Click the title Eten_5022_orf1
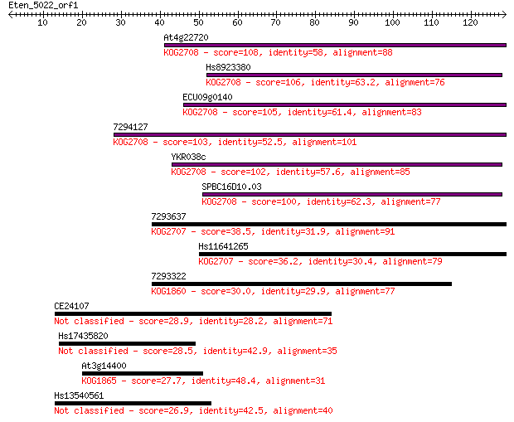tap(43, 6)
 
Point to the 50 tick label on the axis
tap(198, 22)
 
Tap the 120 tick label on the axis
tap(470, 22)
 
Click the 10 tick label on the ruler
tap(42, 22)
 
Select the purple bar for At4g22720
tap(336, 46)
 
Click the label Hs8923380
tap(228, 67)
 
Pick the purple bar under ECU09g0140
tap(345, 105)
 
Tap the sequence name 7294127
tap(130, 127)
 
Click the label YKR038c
tap(188, 157)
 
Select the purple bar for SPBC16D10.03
tap(352, 195)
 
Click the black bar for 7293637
tap(329, 225)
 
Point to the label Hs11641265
tap(223, 246)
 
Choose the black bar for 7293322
tap(302, 284)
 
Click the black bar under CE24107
tap(193, 313)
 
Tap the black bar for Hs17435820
tap(127, 343)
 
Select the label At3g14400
tap(104, 366)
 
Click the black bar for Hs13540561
tap(133, 403)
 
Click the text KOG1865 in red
tap(99, 381)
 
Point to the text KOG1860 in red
tap(168, 291)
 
